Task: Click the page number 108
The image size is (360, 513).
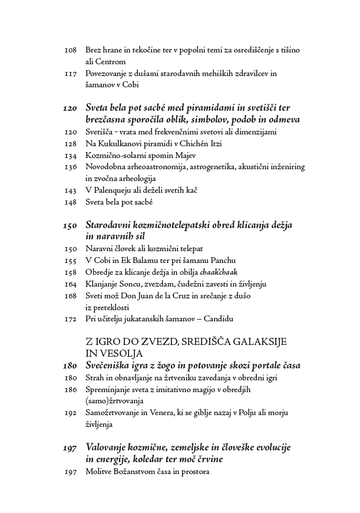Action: (x=70, y=51)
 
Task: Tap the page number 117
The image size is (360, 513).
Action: (x=70, y=74)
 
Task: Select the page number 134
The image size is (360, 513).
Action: (x=70, y=156)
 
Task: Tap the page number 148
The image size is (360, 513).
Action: (x=70, y=202)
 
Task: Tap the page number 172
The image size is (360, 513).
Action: (x=70, y=319)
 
